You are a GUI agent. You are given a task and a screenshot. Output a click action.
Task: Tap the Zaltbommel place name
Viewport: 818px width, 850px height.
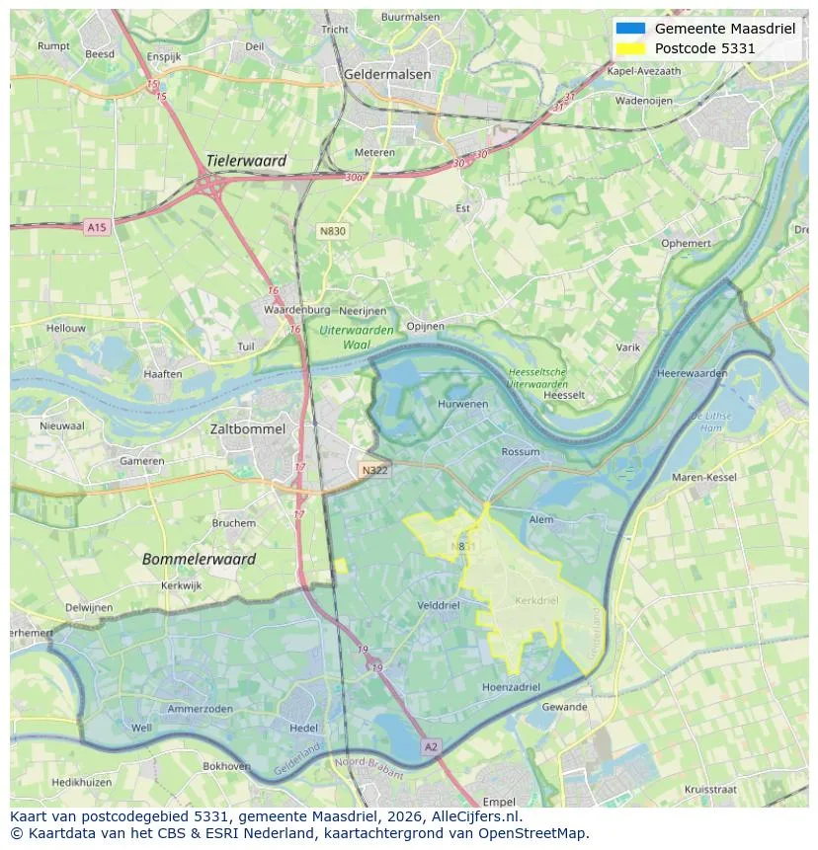click(248, 429)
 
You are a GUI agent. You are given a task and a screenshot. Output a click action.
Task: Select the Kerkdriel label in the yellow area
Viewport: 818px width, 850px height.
click(537, 600)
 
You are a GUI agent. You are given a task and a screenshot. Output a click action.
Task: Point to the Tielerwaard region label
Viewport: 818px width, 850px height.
click(246, 161)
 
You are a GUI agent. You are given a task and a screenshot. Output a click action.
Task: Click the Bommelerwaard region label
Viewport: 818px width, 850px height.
click(199, 559)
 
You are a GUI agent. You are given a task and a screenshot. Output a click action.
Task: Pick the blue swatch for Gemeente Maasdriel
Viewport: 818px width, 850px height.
click(630, 29)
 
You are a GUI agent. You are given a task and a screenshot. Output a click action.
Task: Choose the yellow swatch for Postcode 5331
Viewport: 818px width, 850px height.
click(630, 48)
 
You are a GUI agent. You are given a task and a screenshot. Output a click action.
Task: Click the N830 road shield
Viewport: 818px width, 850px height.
click(333, 231)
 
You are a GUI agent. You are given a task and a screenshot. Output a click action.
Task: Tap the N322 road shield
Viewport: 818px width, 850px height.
click(374, 470)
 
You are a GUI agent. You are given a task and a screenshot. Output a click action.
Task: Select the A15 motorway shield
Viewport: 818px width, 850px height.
click(96, 228)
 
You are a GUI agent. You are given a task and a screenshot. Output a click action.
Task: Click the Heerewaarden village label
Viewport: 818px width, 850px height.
click(692, 374)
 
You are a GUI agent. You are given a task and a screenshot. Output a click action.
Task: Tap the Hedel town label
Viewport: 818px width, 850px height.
click(303, 728)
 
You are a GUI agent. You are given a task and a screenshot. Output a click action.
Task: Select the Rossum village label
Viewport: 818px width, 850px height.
click(521, 452)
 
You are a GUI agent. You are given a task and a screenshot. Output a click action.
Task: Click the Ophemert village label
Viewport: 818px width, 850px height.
click(686, 243)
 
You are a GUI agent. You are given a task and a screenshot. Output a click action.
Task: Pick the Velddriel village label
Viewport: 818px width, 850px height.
click(440, 605)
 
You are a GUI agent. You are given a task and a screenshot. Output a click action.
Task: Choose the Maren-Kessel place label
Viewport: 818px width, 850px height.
click(704, 478)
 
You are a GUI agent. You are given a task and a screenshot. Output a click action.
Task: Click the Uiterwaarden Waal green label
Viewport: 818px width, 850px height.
click(357, 338)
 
